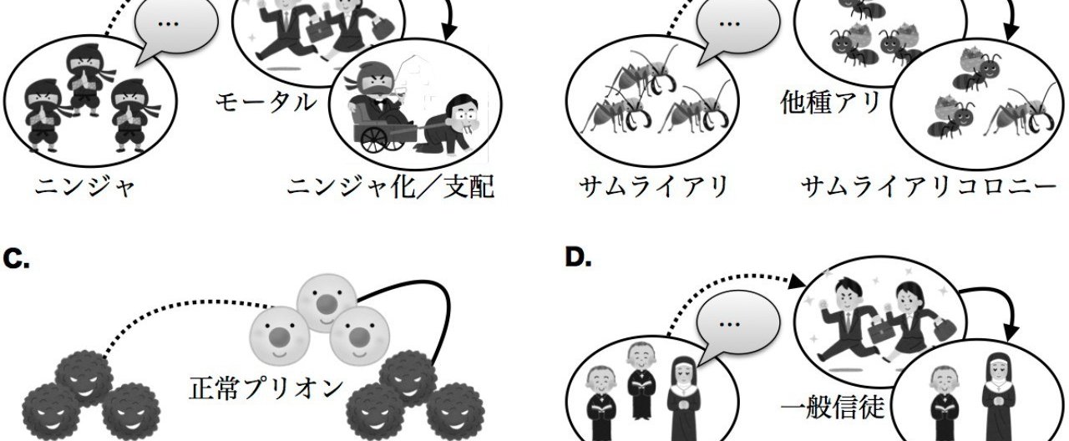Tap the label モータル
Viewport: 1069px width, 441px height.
(x=266, y=103)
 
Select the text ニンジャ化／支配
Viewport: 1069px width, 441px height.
(x=389, y=188)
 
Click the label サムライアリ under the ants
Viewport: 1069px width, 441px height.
(x=653, y=188)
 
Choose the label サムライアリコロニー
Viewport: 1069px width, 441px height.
(x=928, y=188)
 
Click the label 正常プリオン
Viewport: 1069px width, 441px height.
(x=266, y=388)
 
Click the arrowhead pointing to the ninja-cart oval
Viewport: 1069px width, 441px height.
(x=450, y=34)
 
